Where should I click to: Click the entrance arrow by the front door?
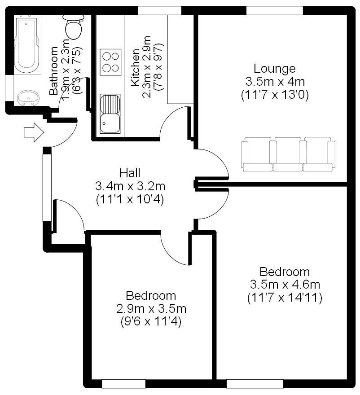(x=34, y=132)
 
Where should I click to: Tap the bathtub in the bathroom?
(x=27, y=44)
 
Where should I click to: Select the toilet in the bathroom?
(x=73, y=26)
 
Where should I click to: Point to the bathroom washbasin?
(x=28, y=98)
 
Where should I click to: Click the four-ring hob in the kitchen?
(x=110, y=62)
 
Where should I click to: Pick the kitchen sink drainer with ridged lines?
(x=110, y=104)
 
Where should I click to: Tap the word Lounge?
(x=274, y=69)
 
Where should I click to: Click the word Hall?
(x=130, y=173)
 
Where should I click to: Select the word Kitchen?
(x=135, y=67)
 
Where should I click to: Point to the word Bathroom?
(x=54, y=71)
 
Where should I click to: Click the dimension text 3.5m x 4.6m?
(x=285, y=285)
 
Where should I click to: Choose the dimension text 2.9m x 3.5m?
(x=151, y=309)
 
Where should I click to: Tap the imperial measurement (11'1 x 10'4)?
(x=130, y=200)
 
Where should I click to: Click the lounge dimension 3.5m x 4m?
(x=275, y=82)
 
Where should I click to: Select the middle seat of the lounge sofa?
(x=288, y=154)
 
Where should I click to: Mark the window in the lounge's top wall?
(x=274, y=11)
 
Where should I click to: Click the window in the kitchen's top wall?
(x=159, y=11)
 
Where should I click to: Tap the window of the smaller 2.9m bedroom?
(x=123, y=384)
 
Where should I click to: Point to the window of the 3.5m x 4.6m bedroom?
(x=255, y=384)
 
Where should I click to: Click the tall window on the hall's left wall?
(x=47, y=188)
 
